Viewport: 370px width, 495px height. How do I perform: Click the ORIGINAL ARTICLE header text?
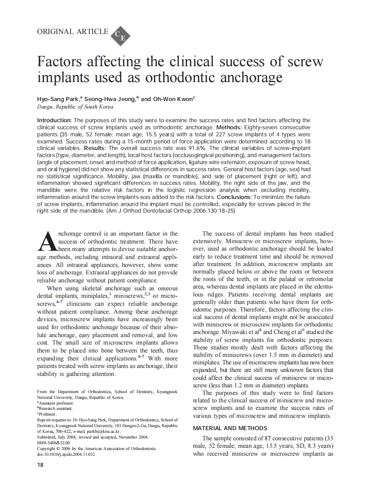click(x=72, y=31)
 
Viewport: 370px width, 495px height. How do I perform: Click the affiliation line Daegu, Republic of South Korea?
click(x=75, y=107)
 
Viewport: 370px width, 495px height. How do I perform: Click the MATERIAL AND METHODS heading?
click(x=230, y=428)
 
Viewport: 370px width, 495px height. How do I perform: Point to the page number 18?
click(x=40, y=465)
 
